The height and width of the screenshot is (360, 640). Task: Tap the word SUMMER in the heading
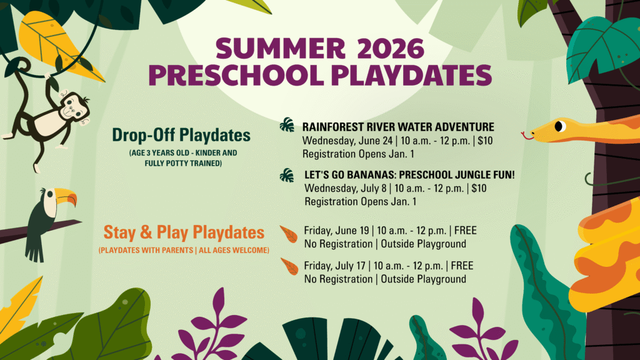[281, 49]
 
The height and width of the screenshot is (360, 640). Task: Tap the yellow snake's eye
[559, 126]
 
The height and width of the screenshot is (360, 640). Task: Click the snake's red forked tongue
[527, 136]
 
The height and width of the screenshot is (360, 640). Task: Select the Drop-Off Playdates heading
[181, 135]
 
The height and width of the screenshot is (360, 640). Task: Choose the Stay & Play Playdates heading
[184, 232]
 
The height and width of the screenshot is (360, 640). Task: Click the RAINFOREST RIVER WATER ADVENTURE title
[398, 127]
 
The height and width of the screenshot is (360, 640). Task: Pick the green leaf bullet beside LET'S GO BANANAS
[287, 176]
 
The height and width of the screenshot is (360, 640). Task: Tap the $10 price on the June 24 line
[485, 141]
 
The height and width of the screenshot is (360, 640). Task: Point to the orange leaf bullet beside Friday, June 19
[289, 234]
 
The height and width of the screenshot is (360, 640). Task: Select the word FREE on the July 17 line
[462, 266]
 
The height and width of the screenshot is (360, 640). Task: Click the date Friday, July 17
[335, 266]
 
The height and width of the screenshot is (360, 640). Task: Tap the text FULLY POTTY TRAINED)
[183, 163]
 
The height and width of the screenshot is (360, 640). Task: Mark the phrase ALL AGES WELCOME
[234, 250]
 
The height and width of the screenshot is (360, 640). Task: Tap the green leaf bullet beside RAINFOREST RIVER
[287, 125]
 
